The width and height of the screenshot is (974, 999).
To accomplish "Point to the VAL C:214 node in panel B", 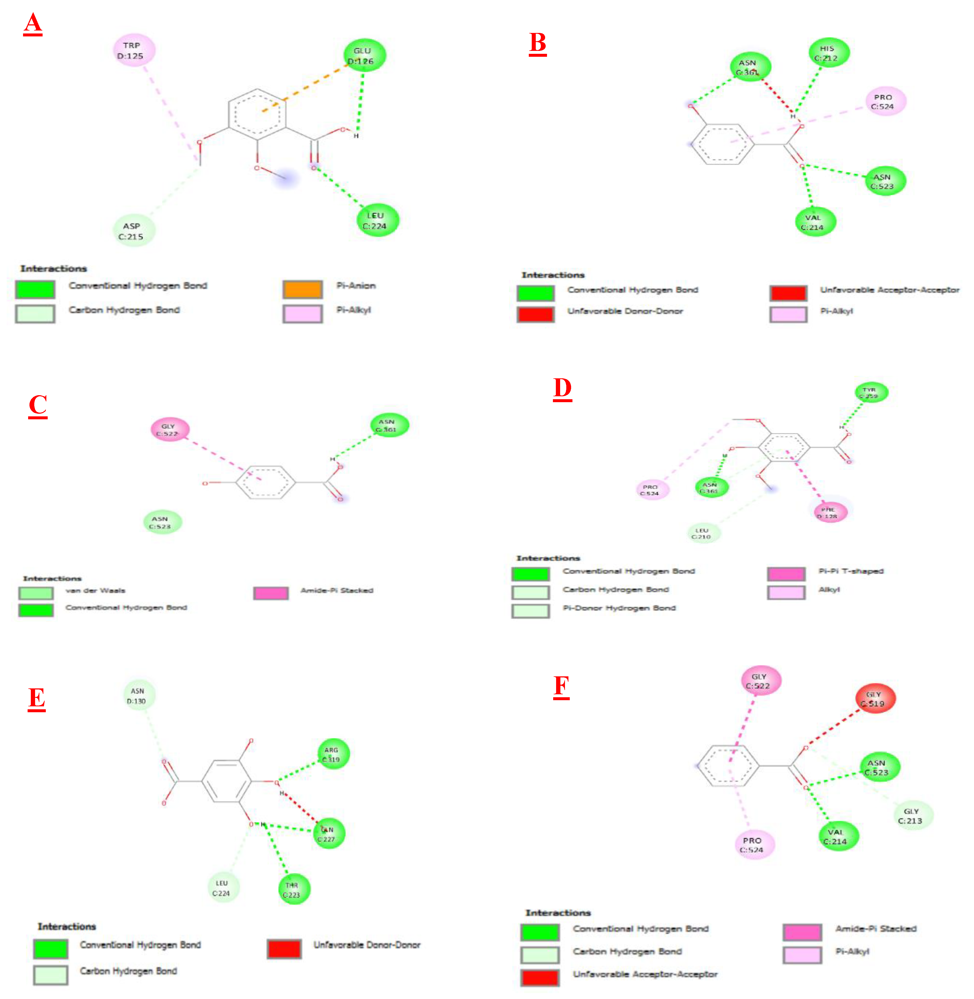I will [815, 222].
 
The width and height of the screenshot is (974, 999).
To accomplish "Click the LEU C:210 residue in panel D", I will [703, 533].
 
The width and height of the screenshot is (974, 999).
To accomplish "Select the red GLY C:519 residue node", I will [875, 699].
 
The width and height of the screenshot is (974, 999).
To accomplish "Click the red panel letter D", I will [562, 389].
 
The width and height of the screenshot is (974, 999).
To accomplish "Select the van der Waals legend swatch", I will [36, 593].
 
